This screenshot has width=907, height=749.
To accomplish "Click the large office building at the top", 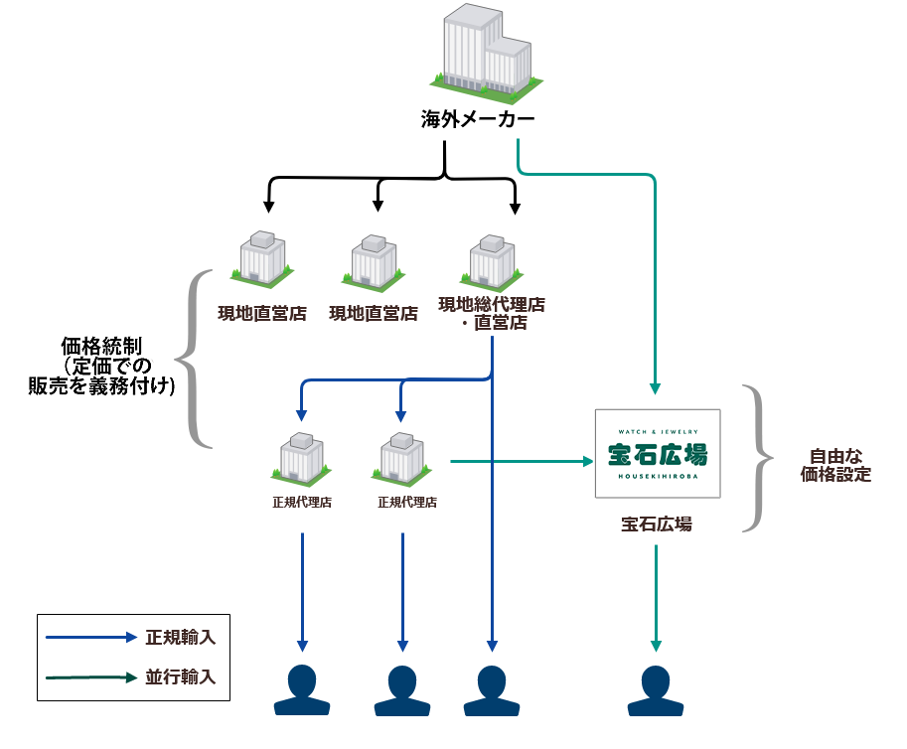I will coord(484,55).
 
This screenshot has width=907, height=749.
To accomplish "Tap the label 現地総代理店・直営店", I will coord(492,312).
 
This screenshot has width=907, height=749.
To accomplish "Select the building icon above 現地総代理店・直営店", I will coord(493,260).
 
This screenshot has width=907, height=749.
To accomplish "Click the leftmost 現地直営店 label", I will coord(262,314).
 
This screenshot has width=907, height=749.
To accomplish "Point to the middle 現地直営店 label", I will coord(373,314).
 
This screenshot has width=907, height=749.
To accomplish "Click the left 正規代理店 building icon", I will coord(302,460).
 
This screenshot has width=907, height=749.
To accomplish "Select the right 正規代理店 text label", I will coord(407,503).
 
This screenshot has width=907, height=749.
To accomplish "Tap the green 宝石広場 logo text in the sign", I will coord(657,455).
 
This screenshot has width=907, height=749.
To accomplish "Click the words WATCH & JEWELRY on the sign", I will coord(657,432).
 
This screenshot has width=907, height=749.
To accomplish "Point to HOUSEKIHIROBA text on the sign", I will coord(657,478).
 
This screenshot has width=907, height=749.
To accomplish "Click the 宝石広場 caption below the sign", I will coord(657,524).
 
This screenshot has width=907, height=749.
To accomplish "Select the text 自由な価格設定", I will coord(834,466).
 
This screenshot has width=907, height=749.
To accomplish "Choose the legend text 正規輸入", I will coord(180,638).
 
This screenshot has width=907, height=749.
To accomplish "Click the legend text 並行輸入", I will coord(180,677).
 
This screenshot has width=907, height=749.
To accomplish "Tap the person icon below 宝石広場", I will coord(656,689).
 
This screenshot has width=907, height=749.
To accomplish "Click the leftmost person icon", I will coord(302,689).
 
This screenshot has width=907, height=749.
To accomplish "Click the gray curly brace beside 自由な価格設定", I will coord(761,459).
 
